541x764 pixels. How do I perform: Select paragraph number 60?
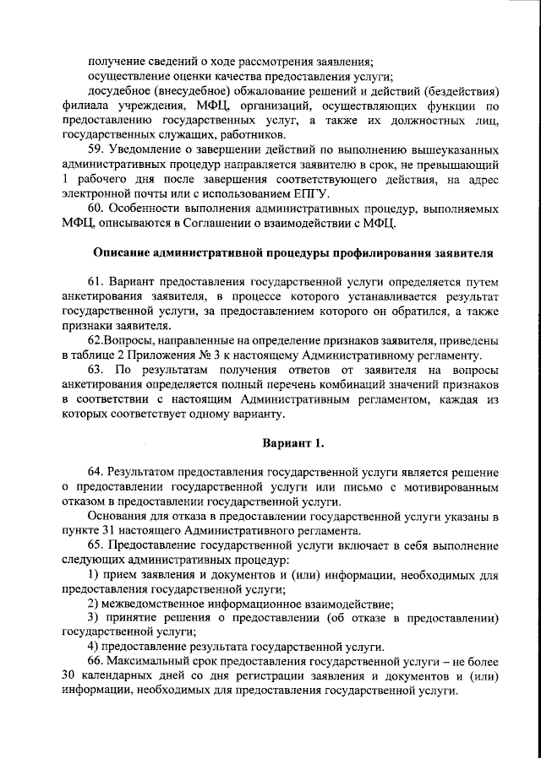[96, 209]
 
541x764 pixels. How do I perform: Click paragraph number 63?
[96, 370]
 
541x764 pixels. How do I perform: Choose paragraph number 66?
[96, 661]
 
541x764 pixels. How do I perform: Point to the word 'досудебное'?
[121, 91]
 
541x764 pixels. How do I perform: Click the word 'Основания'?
[119, 517]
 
